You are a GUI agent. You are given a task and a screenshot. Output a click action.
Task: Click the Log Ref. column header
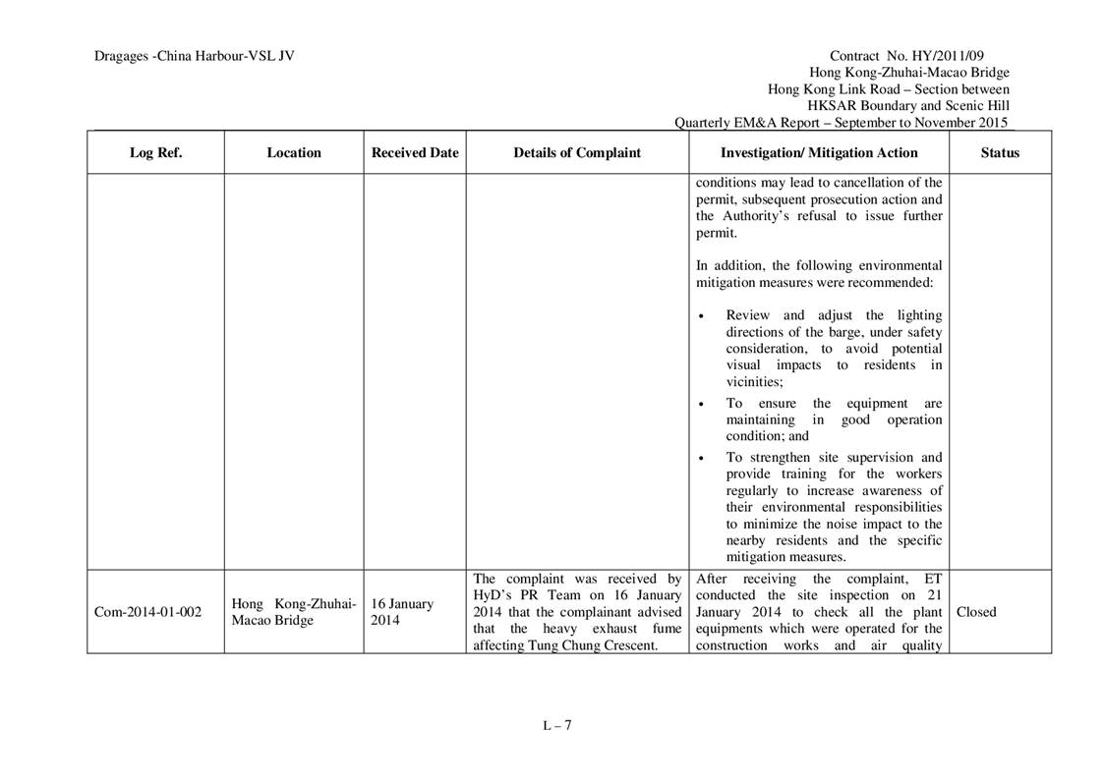tap(155, 153)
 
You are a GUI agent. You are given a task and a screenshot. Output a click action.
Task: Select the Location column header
tap(293, 153)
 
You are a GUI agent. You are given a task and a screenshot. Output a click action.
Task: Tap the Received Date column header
tap(415, 153)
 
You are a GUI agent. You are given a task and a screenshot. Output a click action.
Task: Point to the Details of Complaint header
tap(577, 153)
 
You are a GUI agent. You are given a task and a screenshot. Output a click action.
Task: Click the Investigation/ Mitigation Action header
tap(819, 153)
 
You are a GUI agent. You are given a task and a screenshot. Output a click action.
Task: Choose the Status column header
tap(1000, 153)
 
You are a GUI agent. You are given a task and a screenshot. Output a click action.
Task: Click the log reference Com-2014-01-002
tap(147, 612)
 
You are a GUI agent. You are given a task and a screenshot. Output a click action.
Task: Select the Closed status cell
tap(976, 612)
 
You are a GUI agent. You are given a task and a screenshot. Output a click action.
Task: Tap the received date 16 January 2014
tap(402, 612)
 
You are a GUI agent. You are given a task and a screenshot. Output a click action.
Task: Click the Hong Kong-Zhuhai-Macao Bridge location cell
tap(294, 612)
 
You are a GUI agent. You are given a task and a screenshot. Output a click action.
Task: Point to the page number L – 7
tap(556, 726)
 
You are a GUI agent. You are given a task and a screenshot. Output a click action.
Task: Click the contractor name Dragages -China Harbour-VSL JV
tap(195, 56)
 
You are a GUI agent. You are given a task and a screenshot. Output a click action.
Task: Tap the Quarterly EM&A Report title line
tap(841, 123)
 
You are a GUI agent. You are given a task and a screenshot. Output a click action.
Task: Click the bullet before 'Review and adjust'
tap(701, 316)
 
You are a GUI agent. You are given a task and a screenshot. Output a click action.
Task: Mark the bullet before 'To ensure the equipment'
tap(701, 404)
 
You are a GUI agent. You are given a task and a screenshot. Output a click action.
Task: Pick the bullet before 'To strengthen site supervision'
tap(701, 458)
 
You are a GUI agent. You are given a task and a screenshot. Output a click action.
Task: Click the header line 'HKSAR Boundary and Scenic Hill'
tap(907, 106)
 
